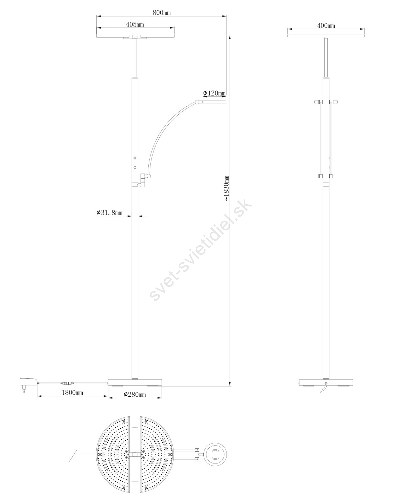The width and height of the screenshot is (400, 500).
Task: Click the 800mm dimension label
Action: (161, 12)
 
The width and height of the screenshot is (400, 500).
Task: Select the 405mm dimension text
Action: (135, 24)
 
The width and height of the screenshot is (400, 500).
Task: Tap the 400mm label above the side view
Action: (326, 25)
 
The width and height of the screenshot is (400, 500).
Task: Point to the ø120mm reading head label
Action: (214, 93)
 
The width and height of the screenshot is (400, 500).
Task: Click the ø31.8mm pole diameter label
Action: (109, 212)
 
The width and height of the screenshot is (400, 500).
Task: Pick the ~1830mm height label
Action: (227, 188)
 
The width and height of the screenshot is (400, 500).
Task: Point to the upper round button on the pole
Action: (135, 158)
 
